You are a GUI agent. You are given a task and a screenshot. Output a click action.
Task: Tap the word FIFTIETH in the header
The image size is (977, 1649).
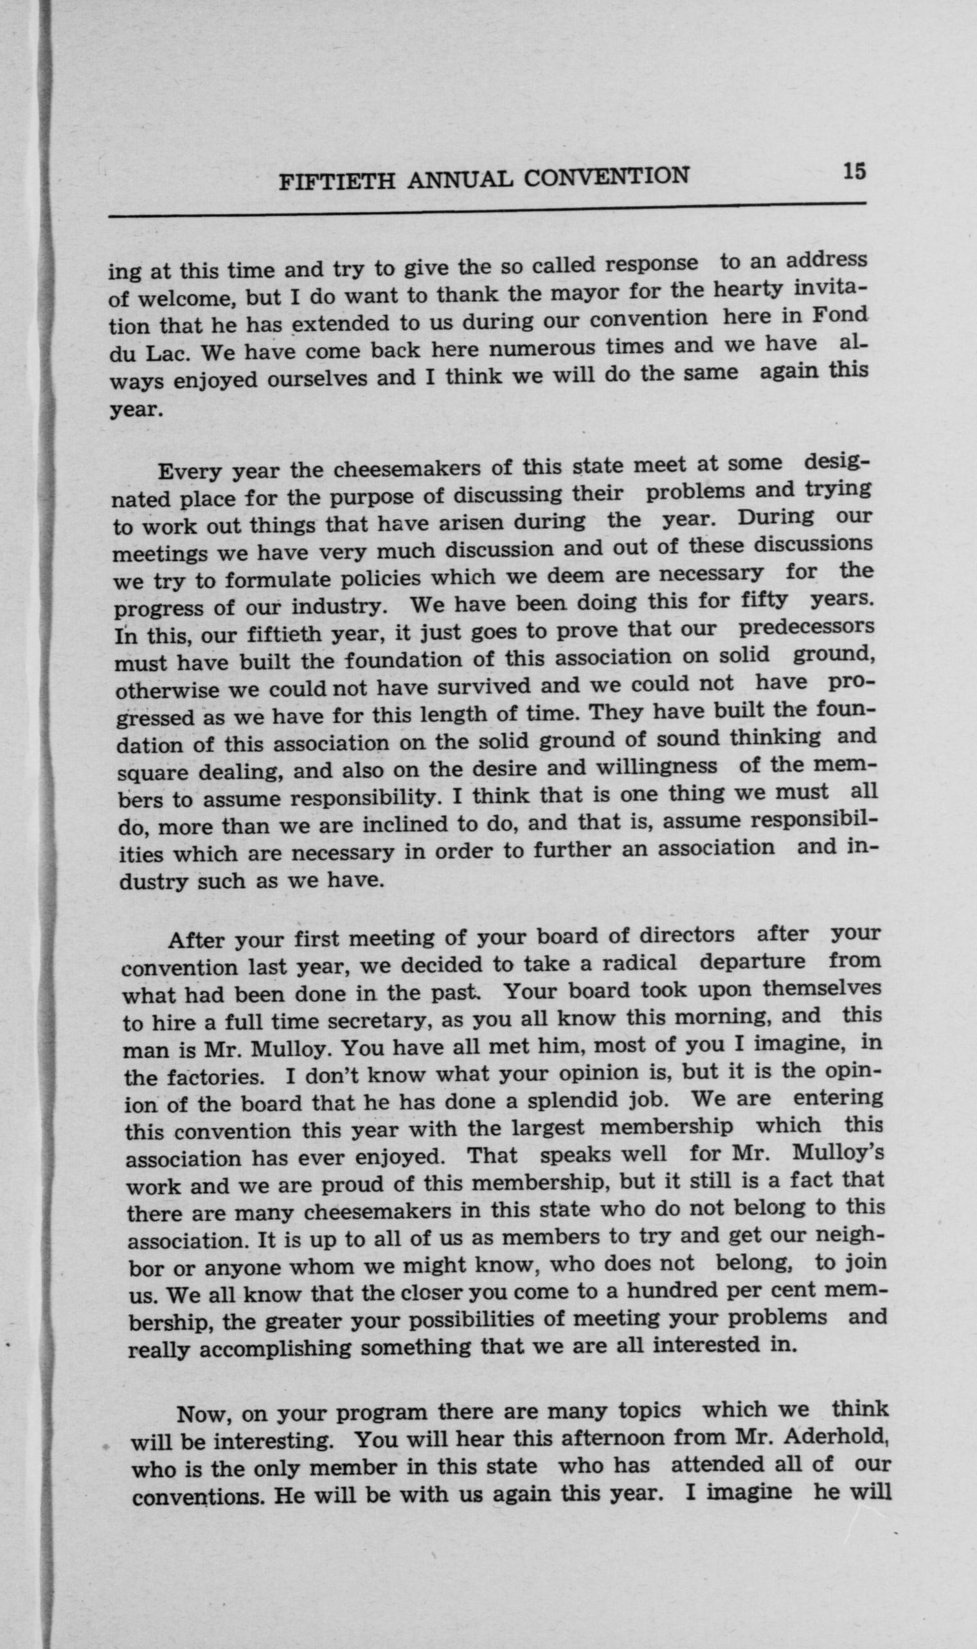(336, 181)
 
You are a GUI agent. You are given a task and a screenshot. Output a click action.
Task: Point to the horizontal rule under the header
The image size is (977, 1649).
(487, 210)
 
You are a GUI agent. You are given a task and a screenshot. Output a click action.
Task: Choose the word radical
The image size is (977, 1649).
(640, 963)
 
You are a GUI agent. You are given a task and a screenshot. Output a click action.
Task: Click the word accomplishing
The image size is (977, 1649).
(276, 1349)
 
